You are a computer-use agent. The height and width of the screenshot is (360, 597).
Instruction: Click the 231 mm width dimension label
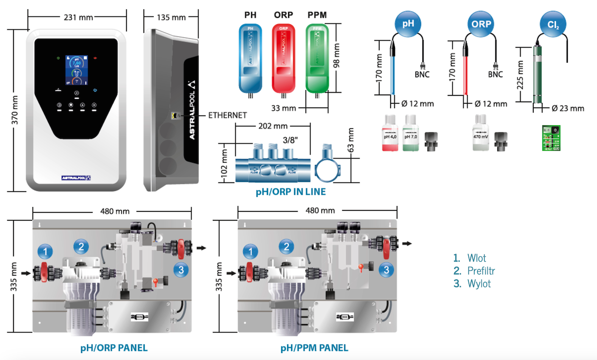coord(78,17)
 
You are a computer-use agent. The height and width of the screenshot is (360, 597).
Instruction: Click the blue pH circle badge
coord(407,23)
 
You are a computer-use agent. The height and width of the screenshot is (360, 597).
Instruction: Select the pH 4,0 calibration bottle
coord(389,133)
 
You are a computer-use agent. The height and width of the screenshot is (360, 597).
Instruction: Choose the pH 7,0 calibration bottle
coord(410,133)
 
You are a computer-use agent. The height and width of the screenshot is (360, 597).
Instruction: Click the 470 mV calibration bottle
coord(481,133)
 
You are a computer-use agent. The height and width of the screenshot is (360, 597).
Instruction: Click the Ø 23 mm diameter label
coord(568,108)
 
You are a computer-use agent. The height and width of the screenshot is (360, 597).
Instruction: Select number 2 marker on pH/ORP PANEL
coord(82,246)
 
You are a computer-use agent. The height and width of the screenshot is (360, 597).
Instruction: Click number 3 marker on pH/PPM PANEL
coord(385,270)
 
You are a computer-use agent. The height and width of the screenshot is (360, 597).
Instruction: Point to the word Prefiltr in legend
coord(481,271)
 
